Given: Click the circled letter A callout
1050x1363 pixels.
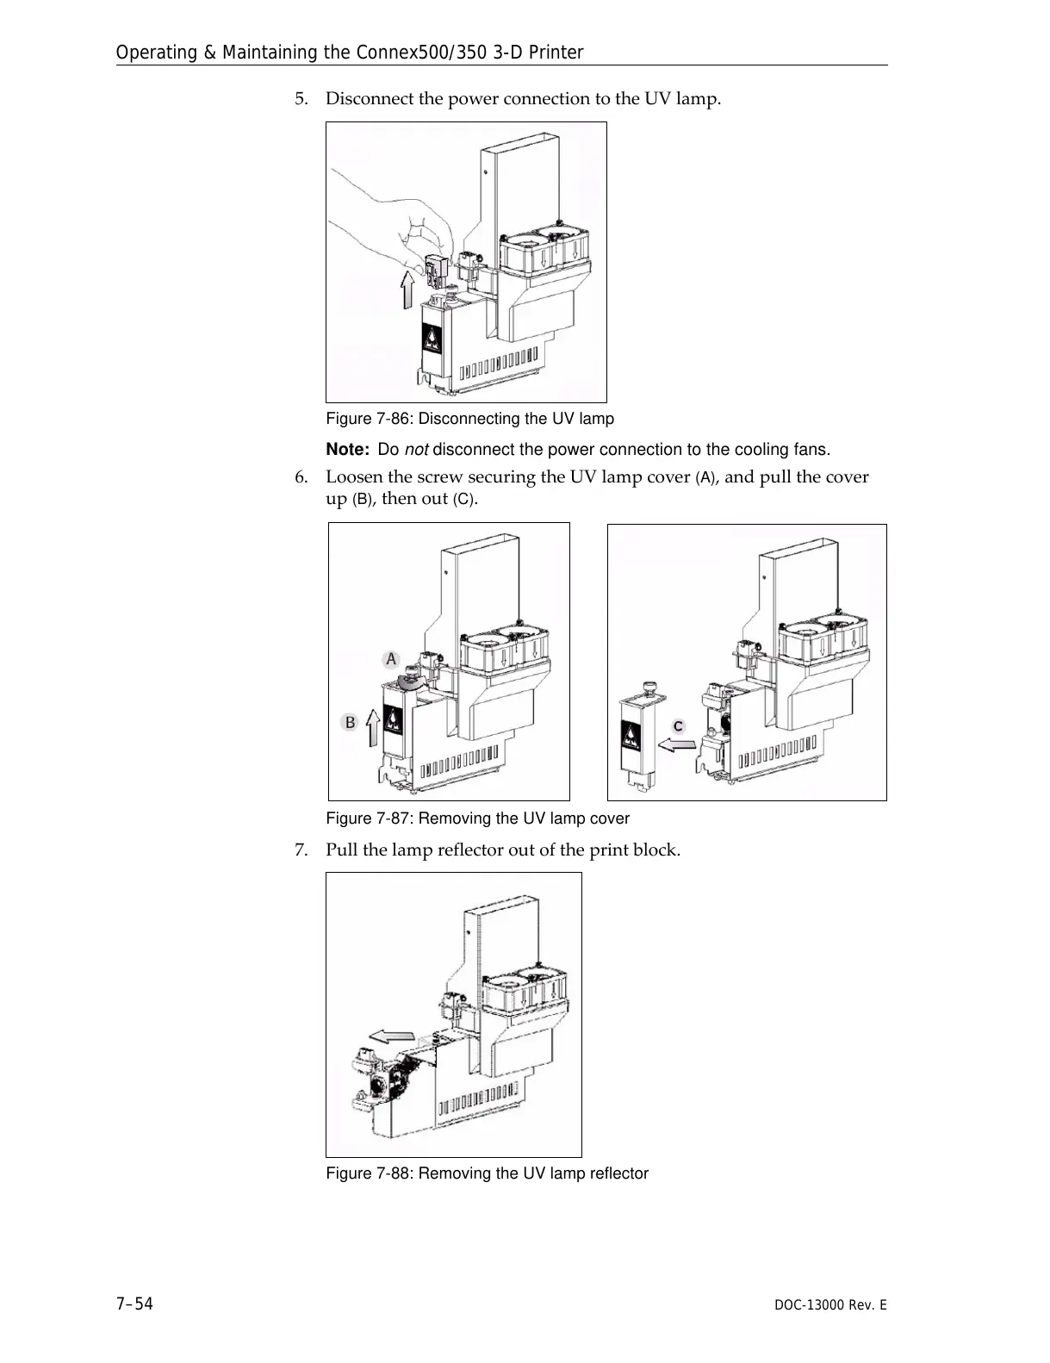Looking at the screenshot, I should [391, 659].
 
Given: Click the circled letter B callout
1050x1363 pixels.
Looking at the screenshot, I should [350, 722].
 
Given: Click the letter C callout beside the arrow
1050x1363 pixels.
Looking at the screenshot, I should [678, 726].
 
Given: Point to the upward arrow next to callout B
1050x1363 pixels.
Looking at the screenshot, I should [372, 727].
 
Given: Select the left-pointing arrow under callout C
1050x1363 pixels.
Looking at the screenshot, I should [678, 743].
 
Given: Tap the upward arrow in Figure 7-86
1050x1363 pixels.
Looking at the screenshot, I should [407, 289].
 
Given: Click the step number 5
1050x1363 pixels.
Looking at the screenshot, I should [300, 98].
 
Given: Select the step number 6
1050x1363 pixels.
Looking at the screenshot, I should [300, 476].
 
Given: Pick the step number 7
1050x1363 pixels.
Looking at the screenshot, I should [300, 850].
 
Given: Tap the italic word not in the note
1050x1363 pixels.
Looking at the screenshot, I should [417, 450].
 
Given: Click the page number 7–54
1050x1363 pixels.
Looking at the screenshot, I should [134, 1304].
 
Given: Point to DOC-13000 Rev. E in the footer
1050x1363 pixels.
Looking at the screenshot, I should [829, 1305].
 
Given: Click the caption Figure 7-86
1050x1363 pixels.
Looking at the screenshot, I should [469, 419].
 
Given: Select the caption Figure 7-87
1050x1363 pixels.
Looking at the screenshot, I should [477, 818].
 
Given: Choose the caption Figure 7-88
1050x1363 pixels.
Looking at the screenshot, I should [487, 1173].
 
